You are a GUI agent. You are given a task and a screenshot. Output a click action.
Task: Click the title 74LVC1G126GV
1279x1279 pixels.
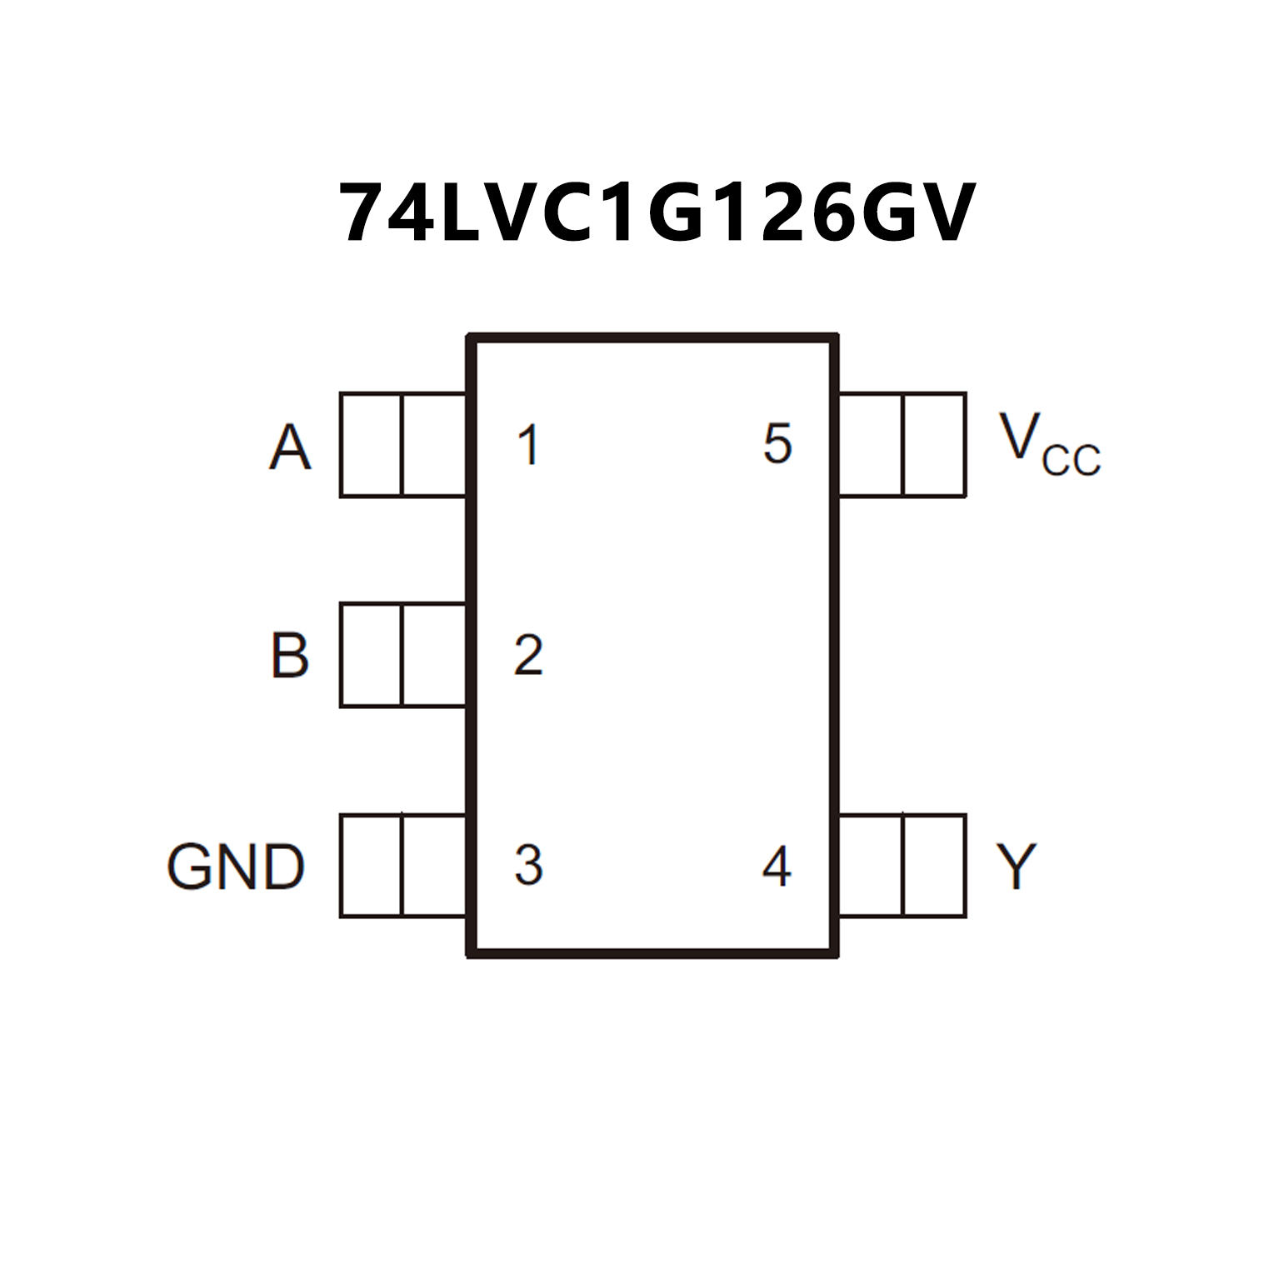point(656,212)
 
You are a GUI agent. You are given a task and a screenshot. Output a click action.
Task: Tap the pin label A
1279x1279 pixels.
point(290,447)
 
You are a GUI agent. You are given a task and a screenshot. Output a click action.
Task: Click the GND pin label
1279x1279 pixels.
point(236,867)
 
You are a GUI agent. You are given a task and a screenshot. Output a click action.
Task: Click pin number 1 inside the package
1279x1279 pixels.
point(528,445)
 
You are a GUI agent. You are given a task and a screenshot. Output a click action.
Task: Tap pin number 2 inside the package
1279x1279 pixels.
point(528,655)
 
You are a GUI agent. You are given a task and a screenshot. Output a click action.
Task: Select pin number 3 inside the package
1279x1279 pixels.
point(528,865)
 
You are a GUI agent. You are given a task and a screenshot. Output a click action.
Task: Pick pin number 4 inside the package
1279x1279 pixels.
point(777,867)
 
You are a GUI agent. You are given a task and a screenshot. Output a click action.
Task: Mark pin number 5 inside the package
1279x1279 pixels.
point(777,444)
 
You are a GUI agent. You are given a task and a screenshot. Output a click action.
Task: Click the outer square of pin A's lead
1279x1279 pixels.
point(371,445)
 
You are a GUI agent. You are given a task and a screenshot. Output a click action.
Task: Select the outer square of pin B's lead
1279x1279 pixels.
point(371,655)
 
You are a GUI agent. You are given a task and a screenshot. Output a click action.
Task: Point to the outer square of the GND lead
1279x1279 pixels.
point(371,866)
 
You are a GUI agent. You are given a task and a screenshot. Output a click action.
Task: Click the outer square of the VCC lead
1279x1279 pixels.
point(934,445)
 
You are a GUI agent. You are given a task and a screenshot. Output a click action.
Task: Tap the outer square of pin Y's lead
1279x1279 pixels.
point(934,866)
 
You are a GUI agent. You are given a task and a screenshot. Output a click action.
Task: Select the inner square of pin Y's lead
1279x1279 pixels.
point(871,866)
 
